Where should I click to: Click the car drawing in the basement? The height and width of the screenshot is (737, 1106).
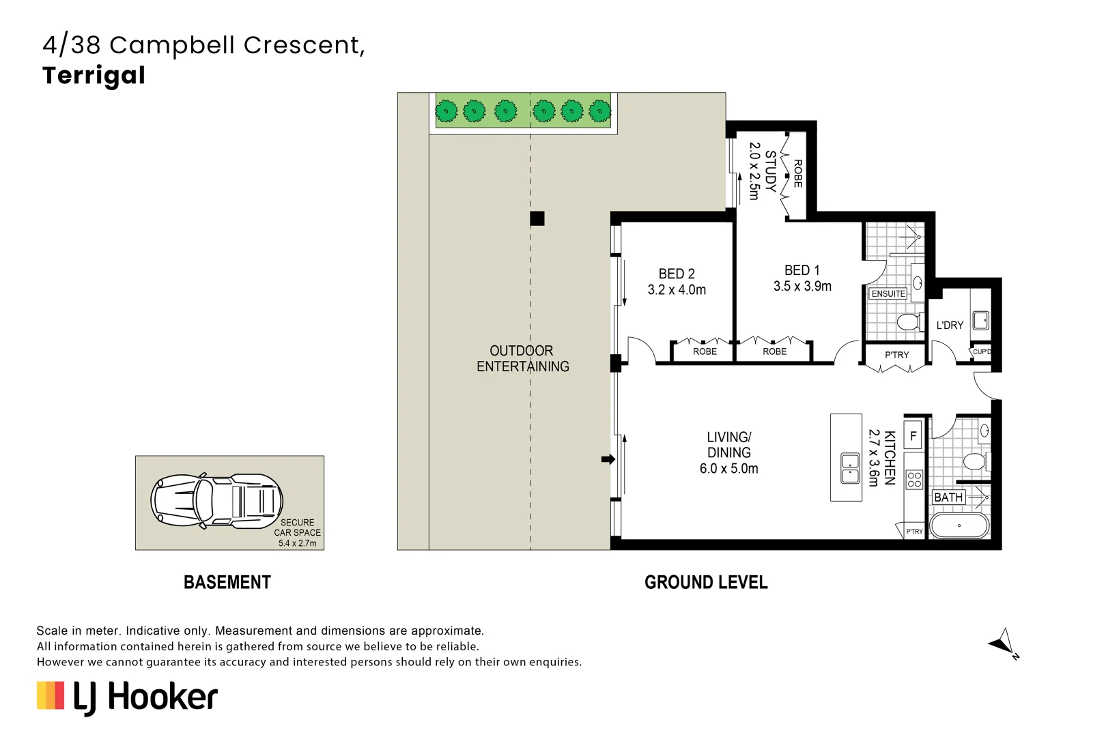217,501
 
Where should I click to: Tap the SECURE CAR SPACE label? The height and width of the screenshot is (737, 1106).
298,528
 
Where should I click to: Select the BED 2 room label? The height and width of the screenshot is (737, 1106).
677,274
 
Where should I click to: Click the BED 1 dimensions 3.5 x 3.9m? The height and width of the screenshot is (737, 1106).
802,287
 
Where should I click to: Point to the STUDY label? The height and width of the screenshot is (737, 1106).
770,171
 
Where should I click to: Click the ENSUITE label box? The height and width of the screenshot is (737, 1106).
888,294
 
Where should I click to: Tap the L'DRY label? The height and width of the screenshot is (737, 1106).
950,326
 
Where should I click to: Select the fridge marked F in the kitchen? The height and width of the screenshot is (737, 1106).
913,435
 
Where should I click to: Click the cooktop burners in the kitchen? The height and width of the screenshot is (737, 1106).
914,480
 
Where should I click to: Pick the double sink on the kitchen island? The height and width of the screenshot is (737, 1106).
850,468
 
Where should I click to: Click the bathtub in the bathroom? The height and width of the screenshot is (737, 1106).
959,526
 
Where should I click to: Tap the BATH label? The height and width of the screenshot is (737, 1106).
948,497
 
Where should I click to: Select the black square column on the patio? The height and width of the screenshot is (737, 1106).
537,218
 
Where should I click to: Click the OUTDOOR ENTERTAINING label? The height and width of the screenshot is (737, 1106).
522,359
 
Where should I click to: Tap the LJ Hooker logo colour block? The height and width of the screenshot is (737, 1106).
51,695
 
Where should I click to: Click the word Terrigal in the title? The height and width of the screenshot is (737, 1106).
94,75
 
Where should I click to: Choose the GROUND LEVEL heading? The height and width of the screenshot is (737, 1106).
706,582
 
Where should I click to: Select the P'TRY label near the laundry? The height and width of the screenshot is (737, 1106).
896,355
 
